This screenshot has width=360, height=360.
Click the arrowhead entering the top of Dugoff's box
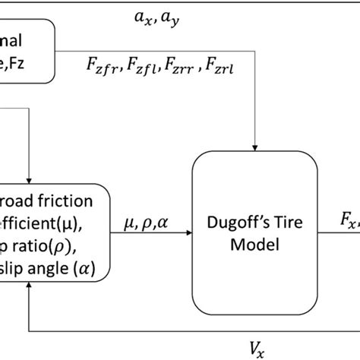coord(256,145)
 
